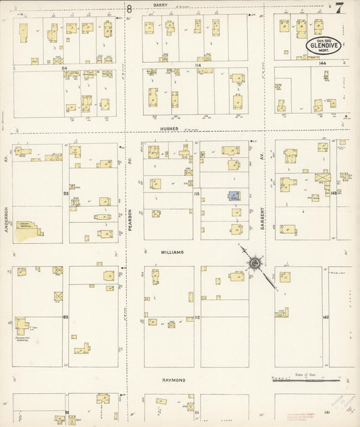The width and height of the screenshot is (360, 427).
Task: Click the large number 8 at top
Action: (x=128, y=8)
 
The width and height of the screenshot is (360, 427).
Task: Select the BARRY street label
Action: (x=160, y=5)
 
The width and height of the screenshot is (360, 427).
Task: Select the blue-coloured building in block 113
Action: (x=233, y=196)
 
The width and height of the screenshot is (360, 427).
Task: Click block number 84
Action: (x=65, y=68)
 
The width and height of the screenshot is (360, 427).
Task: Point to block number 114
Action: (x=198, y=65)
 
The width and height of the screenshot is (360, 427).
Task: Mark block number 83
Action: (x=66, y=194)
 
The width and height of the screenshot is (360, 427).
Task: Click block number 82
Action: (x=66, y=316)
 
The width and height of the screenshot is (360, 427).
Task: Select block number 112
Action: (x=197, y=316)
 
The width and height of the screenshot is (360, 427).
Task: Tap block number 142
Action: (x=325, y=316)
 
